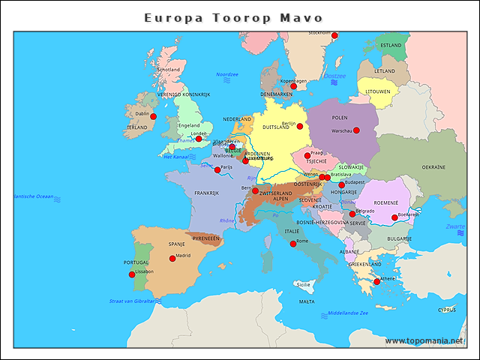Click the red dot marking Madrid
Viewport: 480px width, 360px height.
(172, 258)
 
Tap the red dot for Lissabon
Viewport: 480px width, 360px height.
(133, 274)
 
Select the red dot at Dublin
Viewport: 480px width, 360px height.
(153, 116)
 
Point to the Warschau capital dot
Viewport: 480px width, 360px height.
(356, 130)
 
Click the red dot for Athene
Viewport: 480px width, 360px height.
(376, 281)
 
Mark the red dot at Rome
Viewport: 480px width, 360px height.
(293, 244)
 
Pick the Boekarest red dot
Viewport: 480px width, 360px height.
(394, 217)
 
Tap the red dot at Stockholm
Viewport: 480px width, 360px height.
(334, 35)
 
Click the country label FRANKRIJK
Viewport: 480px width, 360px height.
(206, 193)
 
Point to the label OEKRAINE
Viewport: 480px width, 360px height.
(433, 167)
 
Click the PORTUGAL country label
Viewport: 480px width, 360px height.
(136, 262)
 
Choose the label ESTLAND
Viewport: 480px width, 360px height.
(391, 45)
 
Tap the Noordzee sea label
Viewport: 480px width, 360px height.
(226, 74)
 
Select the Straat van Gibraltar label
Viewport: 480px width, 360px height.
(132, 301)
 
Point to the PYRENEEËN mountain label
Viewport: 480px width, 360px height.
(206, 238)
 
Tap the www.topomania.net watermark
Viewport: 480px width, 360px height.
(424, 340)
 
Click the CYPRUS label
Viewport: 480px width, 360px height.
(446, 309)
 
